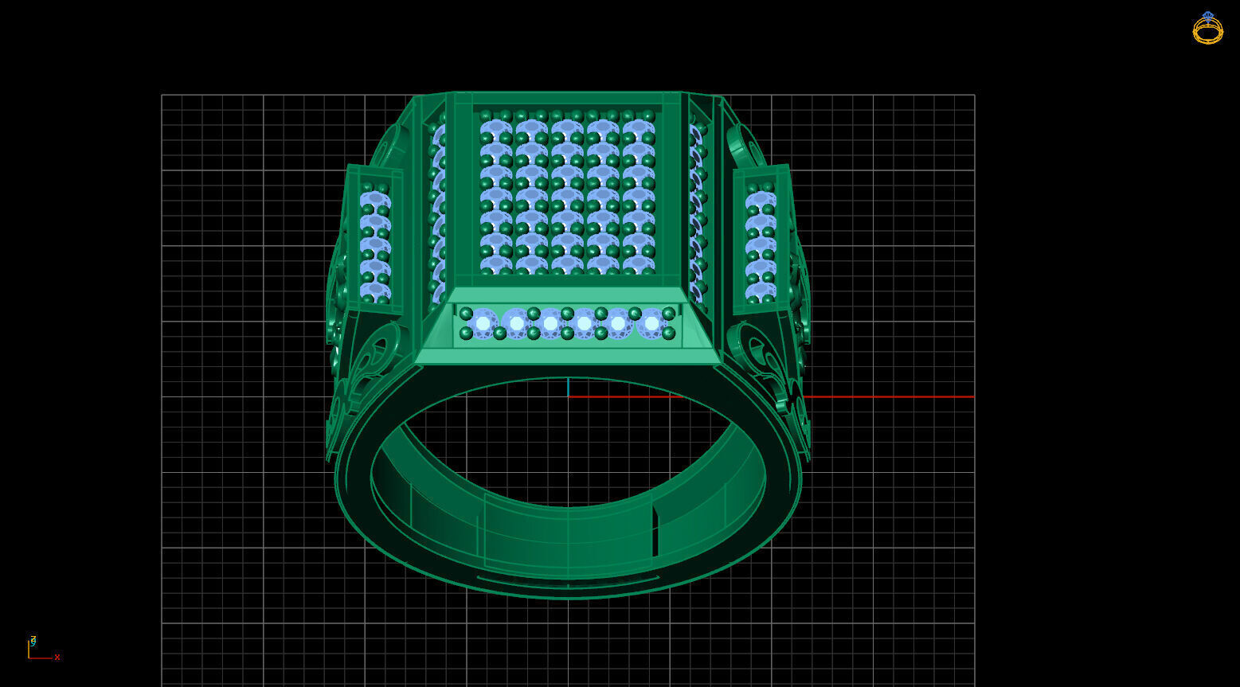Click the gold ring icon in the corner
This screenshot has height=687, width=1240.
1207,29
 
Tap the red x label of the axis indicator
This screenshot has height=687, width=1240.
57,658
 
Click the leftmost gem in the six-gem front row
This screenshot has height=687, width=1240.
483,323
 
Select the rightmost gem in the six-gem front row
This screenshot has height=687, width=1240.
652,323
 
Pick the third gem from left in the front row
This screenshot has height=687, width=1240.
550,323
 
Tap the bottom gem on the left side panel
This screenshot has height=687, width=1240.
375,291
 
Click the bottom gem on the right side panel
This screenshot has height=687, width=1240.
761,291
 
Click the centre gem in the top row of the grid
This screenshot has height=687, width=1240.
567,127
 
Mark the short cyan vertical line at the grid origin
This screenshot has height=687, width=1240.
568,388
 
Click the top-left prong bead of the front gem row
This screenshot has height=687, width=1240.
467,314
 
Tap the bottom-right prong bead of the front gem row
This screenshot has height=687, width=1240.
669,334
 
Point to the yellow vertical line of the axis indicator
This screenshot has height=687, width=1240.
29,648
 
